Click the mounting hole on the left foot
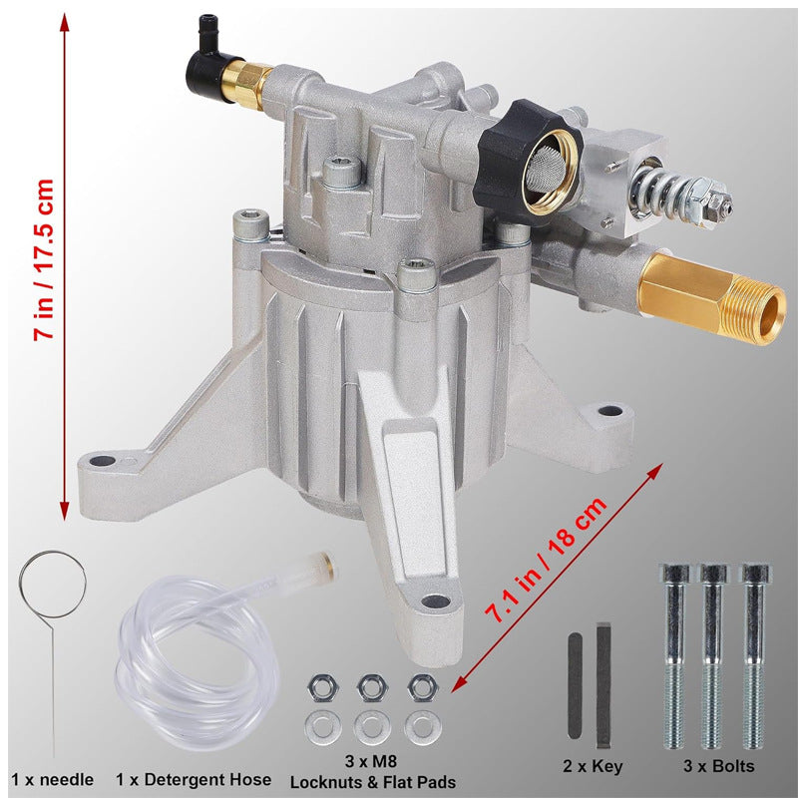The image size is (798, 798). click(x=103, y=461)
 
